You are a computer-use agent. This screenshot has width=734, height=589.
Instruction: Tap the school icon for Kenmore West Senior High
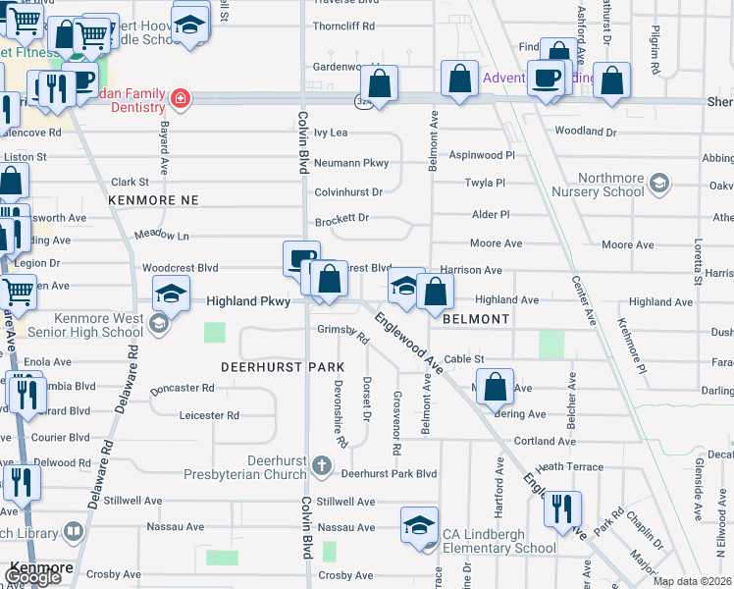[x=159, y=323]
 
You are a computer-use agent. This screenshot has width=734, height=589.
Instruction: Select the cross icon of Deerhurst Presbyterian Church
[x=324, y=463]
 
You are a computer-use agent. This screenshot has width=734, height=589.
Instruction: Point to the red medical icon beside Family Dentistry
[x=180, y=98]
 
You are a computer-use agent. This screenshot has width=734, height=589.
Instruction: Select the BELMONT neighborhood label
[x=476, y=320]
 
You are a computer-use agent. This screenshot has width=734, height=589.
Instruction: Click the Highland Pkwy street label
[x=248, y=301]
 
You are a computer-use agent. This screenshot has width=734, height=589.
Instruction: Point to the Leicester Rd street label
[x=209, y=415]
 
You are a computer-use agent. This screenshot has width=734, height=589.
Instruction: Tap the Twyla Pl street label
[x=484, y=183]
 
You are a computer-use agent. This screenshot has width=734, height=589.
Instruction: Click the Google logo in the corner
[x=32, y=578]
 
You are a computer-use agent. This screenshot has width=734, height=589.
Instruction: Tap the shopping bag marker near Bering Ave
[x=498, y=387]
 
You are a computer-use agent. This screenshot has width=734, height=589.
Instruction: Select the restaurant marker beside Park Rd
[x=562, y=509]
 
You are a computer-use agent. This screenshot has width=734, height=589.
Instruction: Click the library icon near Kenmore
[x=73, y=532]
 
